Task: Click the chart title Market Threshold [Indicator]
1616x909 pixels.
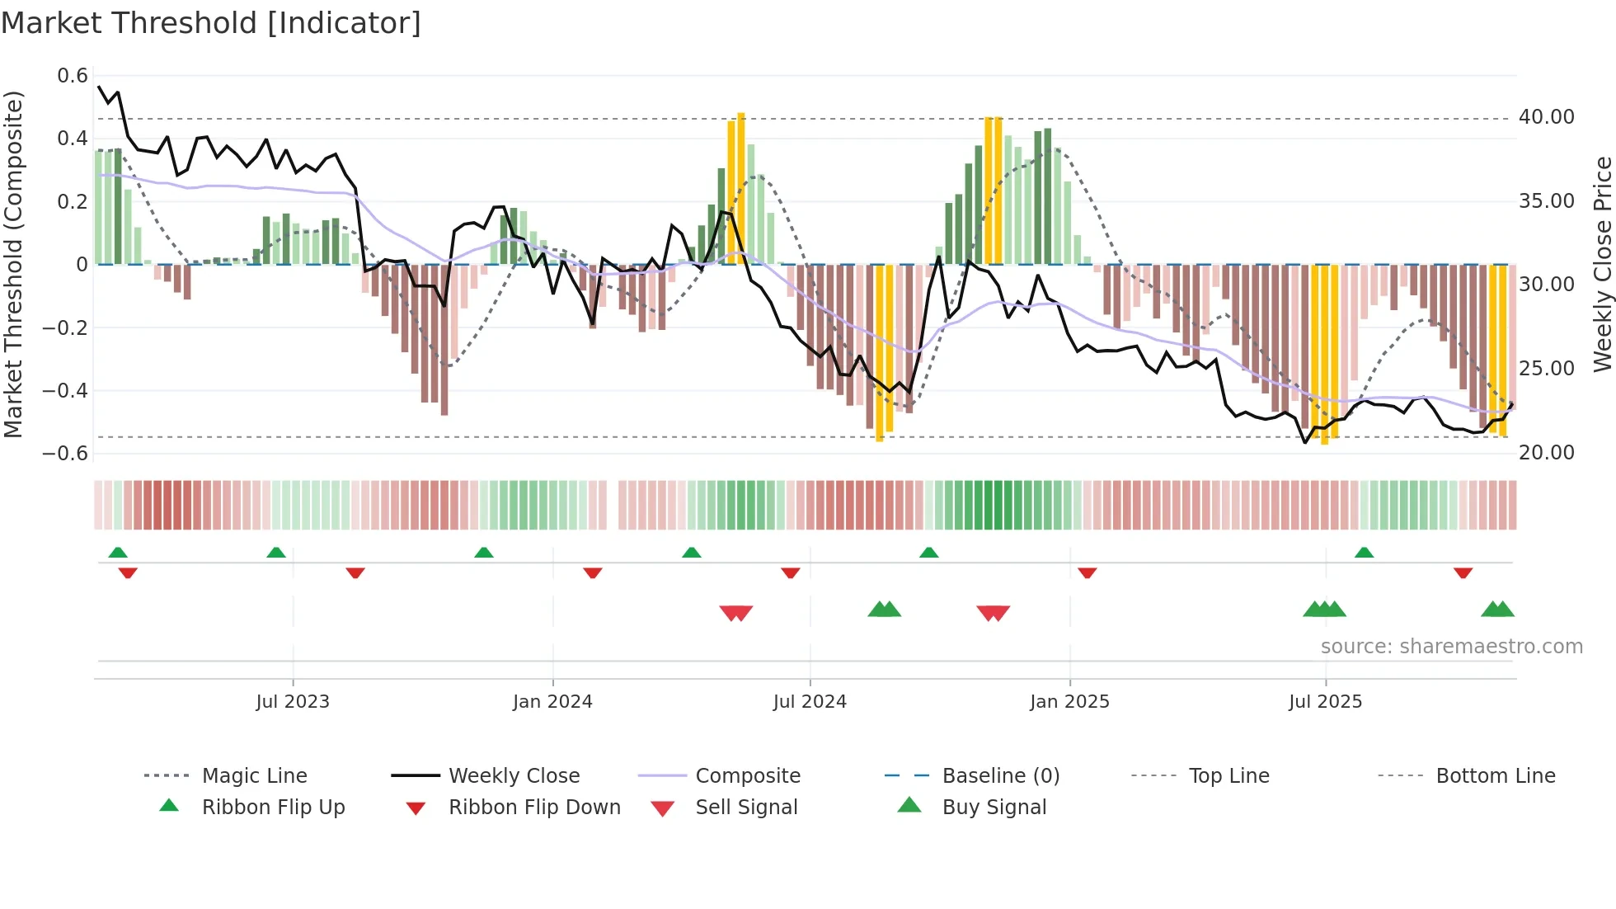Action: coord(211,23)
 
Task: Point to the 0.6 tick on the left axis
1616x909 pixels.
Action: coord(73,76)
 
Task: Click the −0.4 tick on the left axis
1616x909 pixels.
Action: coord(65,390)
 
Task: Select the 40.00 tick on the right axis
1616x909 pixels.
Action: coord(1546,117)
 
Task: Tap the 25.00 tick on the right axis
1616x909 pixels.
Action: coord(1546,369)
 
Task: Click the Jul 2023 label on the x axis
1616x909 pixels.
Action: coord(293,702)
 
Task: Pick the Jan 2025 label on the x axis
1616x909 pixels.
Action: coord(1069,702)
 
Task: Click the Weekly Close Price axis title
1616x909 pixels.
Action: coord(1602,264)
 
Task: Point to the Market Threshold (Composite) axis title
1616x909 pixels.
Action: coord(13,264)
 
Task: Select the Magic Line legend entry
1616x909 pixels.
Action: coord(254,776)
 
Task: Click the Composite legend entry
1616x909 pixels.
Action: coord(747,776)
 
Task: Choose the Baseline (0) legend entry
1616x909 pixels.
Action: coord(1000,776)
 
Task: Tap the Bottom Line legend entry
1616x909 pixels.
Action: coord(1495,776)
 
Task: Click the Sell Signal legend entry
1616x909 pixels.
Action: coord(746,808)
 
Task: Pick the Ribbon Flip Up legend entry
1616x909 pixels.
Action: coord(273,808)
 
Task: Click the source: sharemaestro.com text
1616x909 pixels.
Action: coord(1451,647)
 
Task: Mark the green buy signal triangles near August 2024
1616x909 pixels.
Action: coord(885,610)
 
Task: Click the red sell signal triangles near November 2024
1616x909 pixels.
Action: coord(993,613)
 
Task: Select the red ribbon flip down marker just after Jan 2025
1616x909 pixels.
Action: coord(1087,572)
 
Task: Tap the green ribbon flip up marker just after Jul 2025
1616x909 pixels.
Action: coord(1364,553)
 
